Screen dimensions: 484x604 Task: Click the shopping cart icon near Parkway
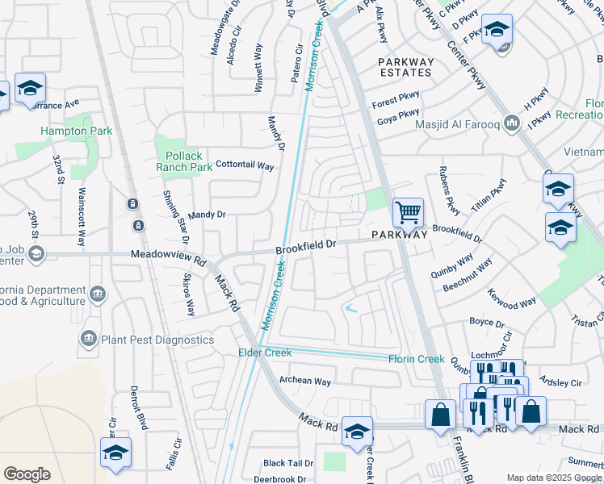tap(408, 214)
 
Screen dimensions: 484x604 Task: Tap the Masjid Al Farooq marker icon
tap(510, 123)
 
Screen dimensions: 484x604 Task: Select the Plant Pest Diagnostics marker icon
tap(89, 340)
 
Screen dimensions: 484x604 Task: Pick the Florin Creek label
tap(417, 358)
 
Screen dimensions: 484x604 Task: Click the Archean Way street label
tap(305, 381)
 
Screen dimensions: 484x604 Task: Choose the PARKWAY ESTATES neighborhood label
tap(406, 67)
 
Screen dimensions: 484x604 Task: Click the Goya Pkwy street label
tap(397, 118)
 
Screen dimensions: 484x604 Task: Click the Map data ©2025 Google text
tap(553, 478)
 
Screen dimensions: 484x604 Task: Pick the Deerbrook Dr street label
tap(278, 478)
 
